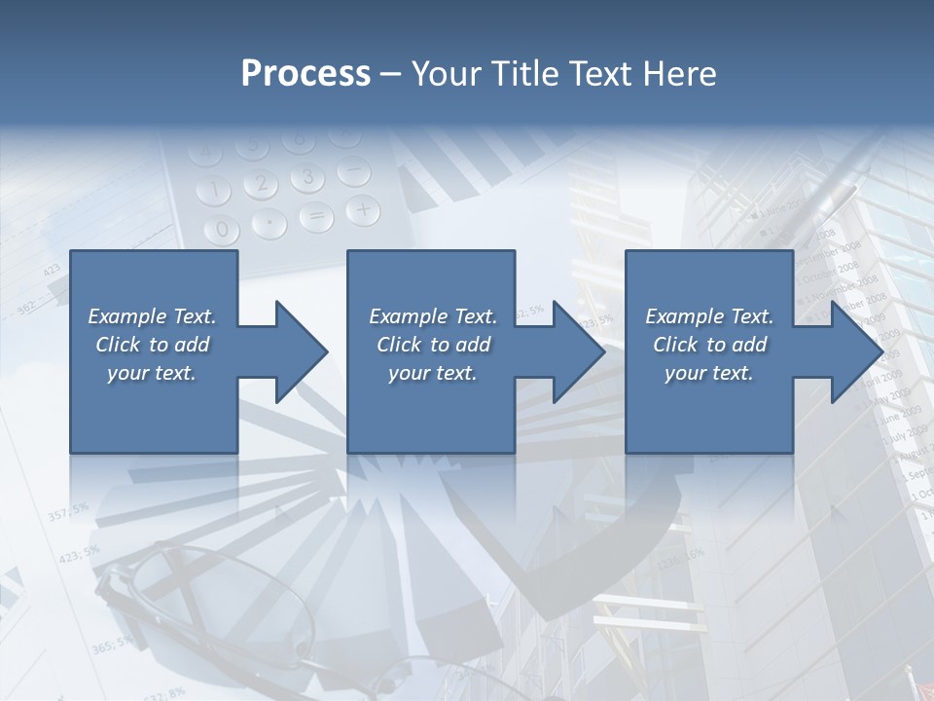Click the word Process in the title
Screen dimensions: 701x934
(305, 73)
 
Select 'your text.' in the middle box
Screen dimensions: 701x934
(432, 373)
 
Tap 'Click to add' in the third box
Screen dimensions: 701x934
(709, 345)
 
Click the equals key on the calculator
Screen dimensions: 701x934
(316, 218)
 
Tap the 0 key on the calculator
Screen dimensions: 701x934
(224, 230)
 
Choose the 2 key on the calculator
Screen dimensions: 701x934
(260, 183)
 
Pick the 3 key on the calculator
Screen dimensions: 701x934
(307, 176)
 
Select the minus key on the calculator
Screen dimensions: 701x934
(354, 171)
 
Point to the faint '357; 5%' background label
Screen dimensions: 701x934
(68, 510)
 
